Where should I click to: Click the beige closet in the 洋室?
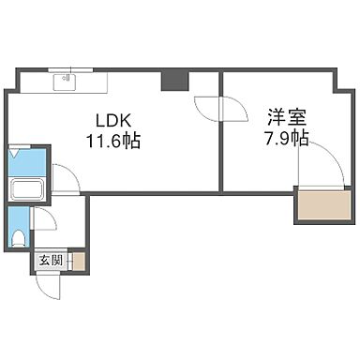319,205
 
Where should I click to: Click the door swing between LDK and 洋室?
205,110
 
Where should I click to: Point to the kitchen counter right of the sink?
122,82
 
